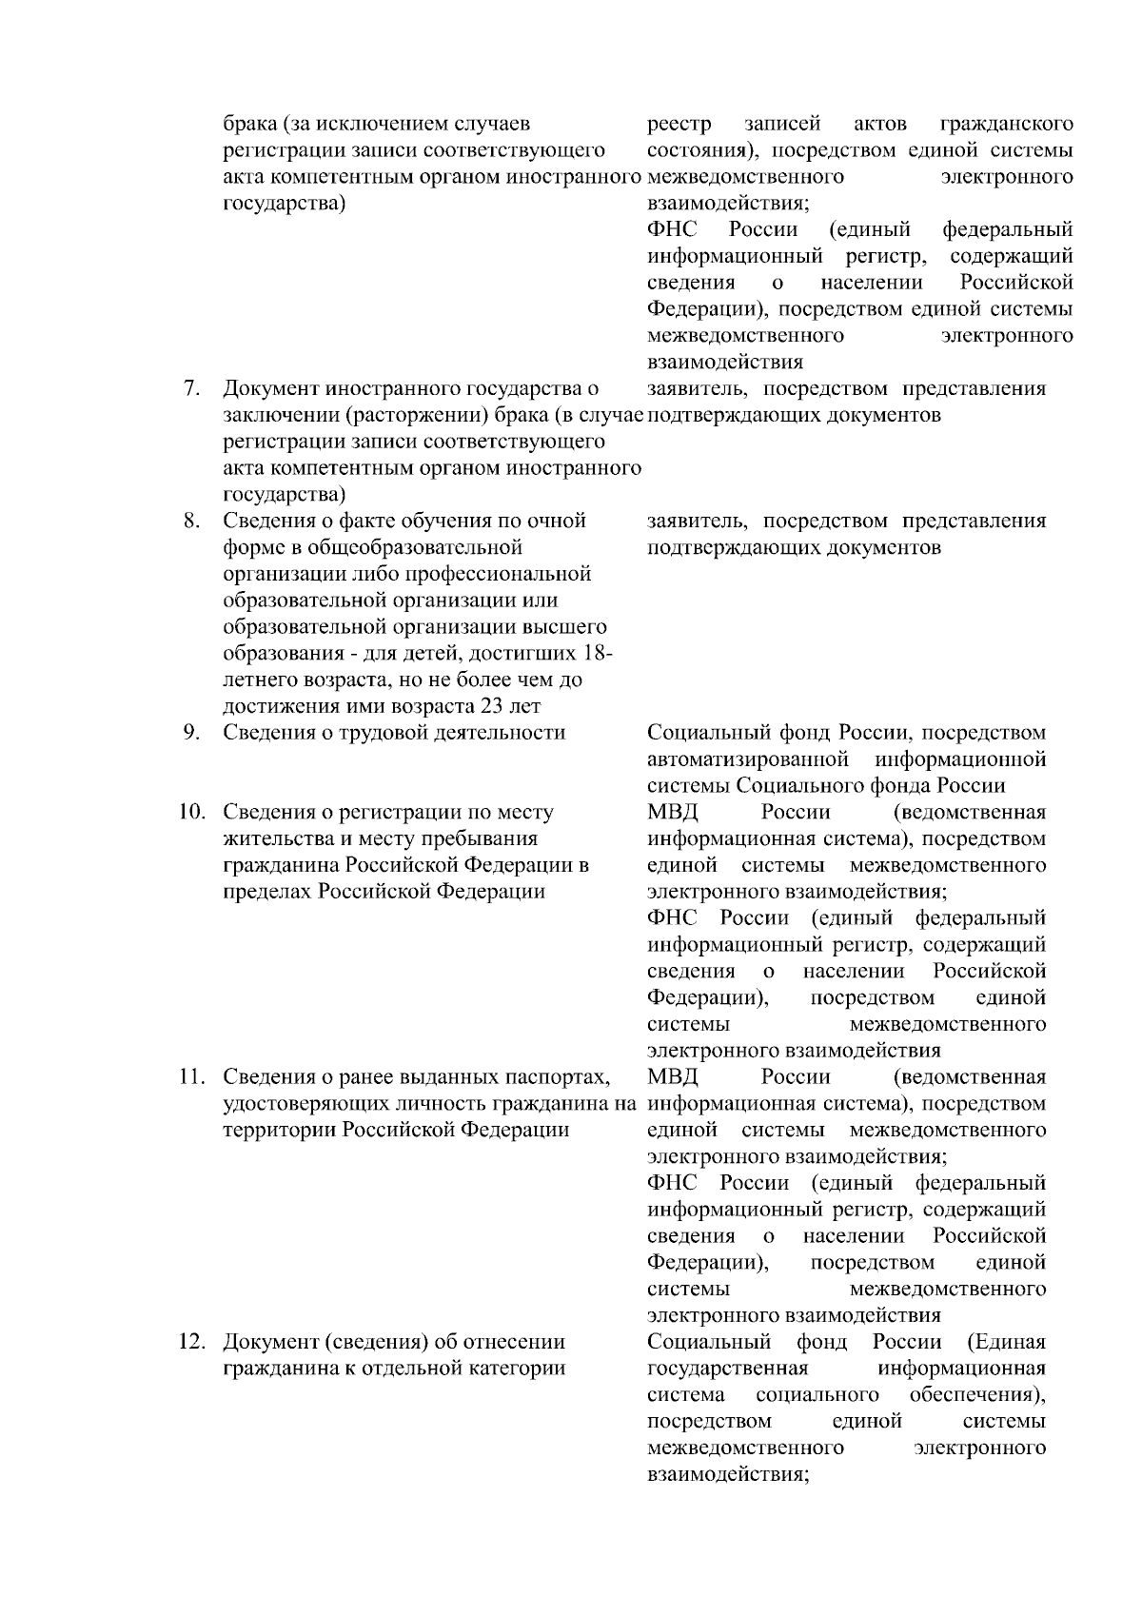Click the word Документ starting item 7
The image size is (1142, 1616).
pos(271,389)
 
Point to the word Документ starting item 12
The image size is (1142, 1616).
pos(271,1342)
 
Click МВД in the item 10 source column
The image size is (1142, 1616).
pos(672,813)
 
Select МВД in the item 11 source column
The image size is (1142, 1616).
pos(672,1077)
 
